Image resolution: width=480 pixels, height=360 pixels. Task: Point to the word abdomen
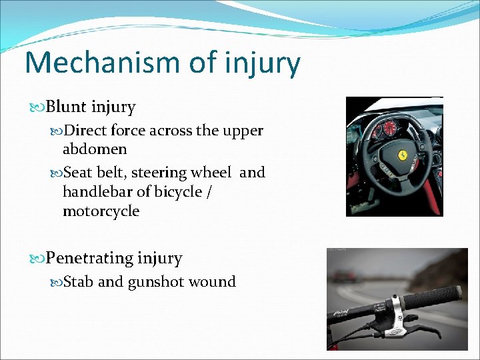coord(95,149)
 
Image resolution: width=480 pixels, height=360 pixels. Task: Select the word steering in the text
coord(159,173)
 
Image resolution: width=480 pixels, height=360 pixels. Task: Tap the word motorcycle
coord(101,211)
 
